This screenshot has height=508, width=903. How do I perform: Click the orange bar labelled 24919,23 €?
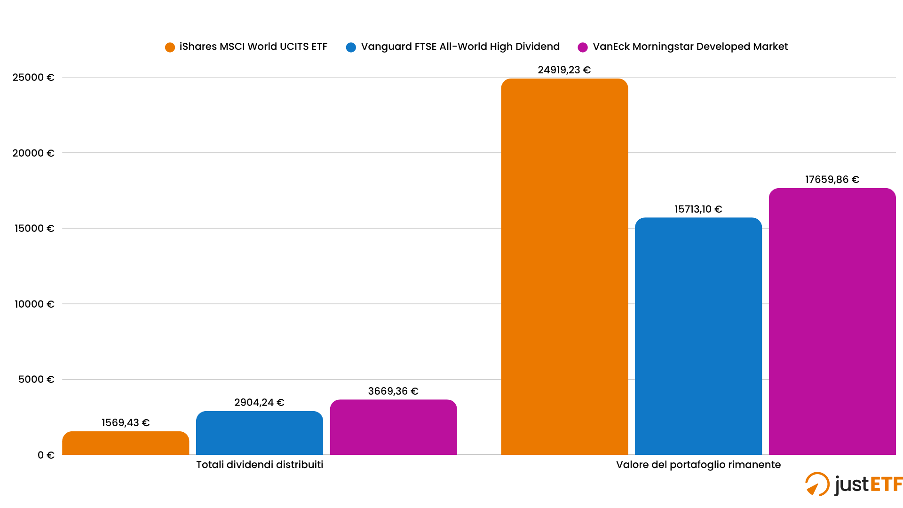pos(564,267)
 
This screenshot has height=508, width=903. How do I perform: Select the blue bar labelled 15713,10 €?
pos(698,336)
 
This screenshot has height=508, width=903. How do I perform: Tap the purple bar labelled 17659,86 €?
pos(832,322)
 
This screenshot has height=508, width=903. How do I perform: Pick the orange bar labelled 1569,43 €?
pos(126,443)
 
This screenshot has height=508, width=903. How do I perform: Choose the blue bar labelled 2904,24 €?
pos(260,433)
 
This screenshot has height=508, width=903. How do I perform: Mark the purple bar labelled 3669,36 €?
pos(393,428)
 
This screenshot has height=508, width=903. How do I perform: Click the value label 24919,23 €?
pos(564,70)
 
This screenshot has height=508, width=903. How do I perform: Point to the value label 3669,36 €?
pos(393,391)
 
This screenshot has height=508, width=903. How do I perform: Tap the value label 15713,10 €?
pos(698,209)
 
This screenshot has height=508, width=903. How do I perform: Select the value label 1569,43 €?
pos(126,423)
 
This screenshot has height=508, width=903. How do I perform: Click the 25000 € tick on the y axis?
pos(33,78)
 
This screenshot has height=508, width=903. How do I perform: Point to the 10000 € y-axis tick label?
pos(34,304)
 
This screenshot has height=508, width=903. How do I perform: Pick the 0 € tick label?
pos(46,455)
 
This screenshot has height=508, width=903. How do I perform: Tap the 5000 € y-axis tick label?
pos(36,380)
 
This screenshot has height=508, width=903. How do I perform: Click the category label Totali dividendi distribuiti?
pos(260,465)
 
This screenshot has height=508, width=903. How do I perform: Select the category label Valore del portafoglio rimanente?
pos(698,465)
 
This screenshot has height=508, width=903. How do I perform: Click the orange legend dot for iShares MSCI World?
pos(170,47)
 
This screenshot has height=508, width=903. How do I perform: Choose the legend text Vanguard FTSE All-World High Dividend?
pos(460,47)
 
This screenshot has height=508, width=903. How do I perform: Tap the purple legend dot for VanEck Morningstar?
pos(583,47)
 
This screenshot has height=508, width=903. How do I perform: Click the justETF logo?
pos(854,484)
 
